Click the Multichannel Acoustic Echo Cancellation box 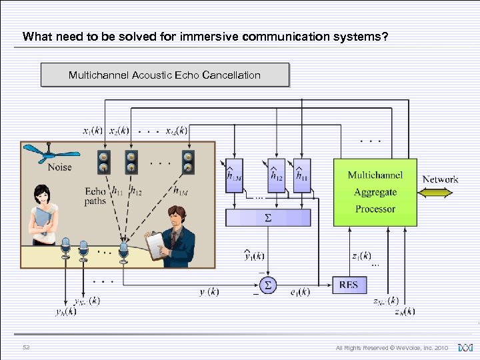click(x=165, y=75)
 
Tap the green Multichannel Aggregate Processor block click(x=375, y=192)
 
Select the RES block click(x=348, y=285)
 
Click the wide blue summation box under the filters click(x=268, y=217)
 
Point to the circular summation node click(x=268, y=285)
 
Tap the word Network click(x=440, y=179)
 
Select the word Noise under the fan click(x=59, y=167)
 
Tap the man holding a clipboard click(x=172, y=235)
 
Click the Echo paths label click(x=95, y=196)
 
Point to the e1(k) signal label click(x=300, y=292)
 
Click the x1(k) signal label click(x=93, y=131)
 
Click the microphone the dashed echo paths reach click(x=123, y=251)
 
